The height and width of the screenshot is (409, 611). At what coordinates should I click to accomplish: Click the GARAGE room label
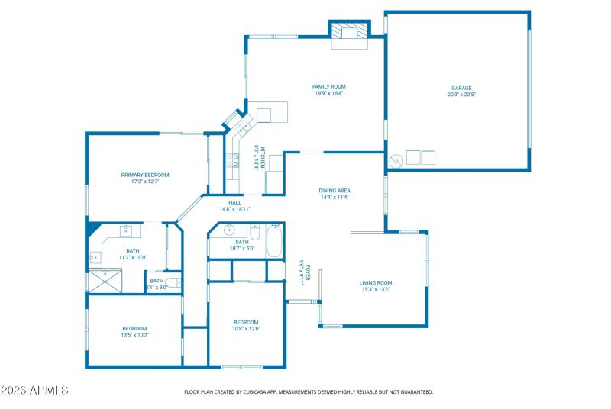[x=461, y=89]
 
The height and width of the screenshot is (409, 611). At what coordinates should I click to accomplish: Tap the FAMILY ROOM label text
[x=328, y=87]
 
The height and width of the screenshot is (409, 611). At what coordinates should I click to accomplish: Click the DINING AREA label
[x=335, y=191]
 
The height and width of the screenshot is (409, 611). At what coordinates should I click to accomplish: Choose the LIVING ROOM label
[x=375, y=283]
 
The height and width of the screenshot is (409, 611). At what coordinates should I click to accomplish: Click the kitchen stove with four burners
[x=231, y=159]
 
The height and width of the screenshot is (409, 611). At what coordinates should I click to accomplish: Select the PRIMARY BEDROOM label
[x=145, y=175]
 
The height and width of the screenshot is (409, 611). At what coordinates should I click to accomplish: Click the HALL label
[x=234, y=202]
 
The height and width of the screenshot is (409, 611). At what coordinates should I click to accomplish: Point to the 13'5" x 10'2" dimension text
[x=134, y=334]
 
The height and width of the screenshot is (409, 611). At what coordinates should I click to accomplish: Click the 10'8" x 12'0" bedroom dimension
[x=246, y=329]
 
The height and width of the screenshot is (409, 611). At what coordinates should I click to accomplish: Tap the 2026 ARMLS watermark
[x=34, y=391]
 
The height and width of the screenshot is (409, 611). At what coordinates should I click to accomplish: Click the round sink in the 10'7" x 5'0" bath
[x=228, y=230]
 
